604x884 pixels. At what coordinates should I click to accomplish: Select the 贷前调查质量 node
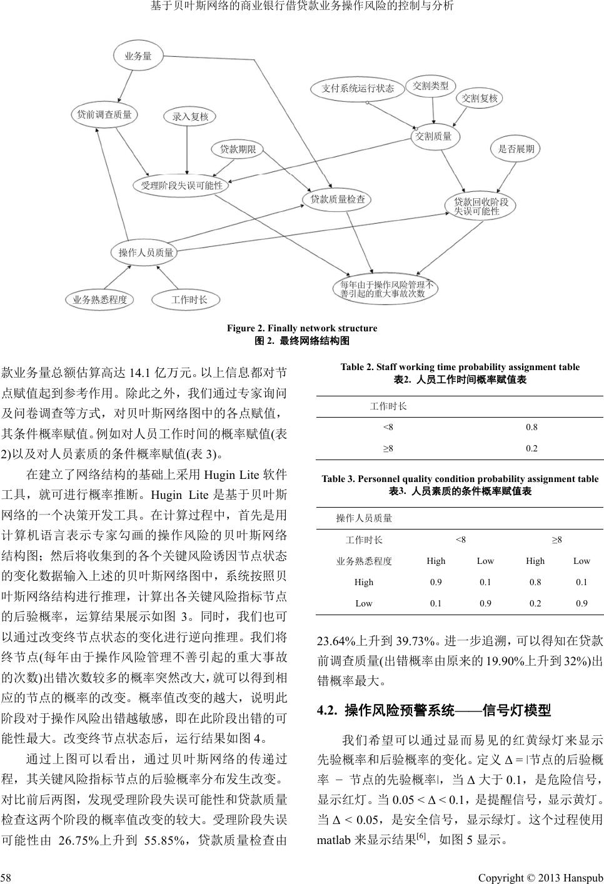104,114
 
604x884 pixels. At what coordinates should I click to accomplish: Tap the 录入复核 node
189,116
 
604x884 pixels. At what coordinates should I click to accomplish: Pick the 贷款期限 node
238,149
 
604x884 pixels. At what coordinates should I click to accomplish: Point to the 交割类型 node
431,85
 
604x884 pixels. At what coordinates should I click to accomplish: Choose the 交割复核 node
480,98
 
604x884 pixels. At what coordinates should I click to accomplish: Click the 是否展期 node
516,149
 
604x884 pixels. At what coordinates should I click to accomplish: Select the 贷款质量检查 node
338,199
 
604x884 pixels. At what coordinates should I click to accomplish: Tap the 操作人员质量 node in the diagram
146,253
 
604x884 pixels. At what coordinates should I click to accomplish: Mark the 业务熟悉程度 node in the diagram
99,299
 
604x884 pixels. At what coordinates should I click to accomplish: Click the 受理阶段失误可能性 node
181,185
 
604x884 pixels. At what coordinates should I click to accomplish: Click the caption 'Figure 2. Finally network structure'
301,328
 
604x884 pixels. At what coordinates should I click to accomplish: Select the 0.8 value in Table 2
531,428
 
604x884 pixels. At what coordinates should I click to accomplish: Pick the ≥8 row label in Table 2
388,448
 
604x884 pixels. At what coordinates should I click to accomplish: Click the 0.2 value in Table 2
531,448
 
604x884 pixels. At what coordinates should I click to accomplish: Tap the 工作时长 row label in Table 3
364,540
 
